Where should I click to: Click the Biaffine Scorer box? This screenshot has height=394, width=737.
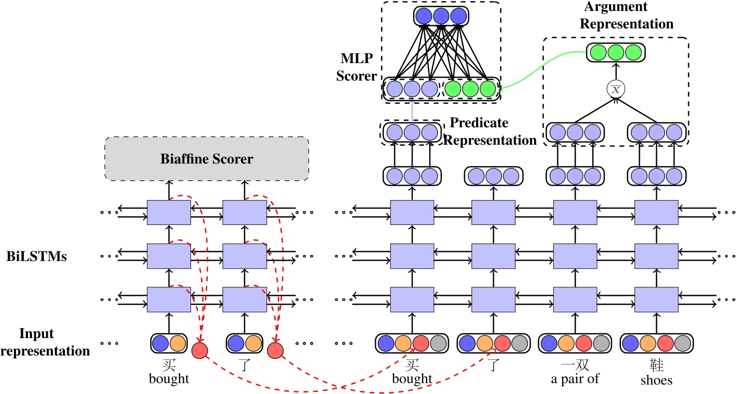tap(207, 159)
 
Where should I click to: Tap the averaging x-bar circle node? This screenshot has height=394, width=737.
tap(616, 90)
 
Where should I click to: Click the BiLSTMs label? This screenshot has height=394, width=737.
tap(37, 256)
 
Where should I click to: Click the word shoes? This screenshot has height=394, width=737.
tap(656, 381)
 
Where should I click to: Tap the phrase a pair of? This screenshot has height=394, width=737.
tap(574, 378)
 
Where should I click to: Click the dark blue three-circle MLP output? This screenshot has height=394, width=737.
tap(440, 16)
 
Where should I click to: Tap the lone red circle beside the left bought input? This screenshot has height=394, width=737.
tap(200, 350)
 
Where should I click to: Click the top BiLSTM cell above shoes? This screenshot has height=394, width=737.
tap(656, 213)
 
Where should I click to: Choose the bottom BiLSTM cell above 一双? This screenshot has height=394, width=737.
tap(575, 299)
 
